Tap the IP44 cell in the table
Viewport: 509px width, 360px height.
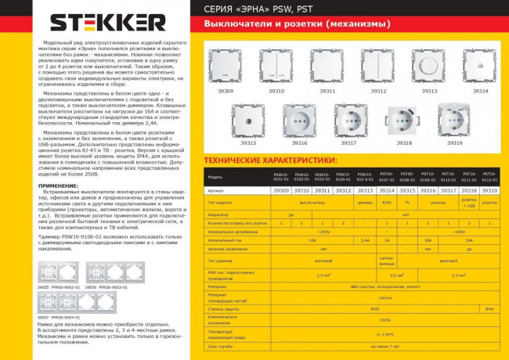click(489, 309)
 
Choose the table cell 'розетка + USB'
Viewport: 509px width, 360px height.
click(468, 202)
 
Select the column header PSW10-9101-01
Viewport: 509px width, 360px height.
click(280, 176)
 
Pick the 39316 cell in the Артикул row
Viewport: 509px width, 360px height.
click(427, 190)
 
